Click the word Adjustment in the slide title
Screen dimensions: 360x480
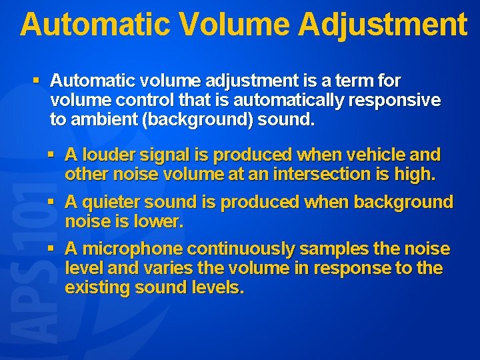click(x=383, y=25)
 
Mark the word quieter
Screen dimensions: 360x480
click(x=114, y=202)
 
